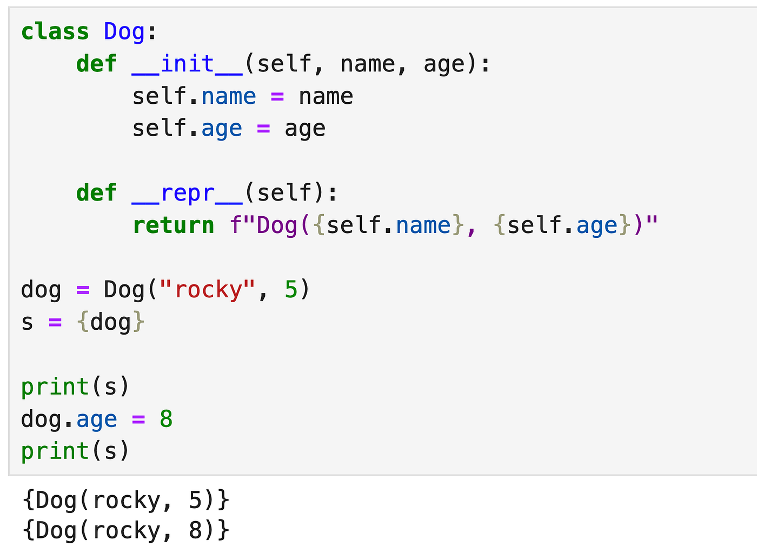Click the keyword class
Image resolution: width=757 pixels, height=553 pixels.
click(x=55, y=32)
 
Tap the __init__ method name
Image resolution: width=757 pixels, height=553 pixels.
click(x=187, y=64)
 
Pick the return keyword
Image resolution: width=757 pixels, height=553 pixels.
click(x=174, y=225)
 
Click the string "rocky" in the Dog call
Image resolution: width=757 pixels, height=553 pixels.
click(x=207, y=290)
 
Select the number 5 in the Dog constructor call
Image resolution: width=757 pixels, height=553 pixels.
click(x=291, y=290)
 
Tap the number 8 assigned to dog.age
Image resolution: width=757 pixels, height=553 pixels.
click(x=166, y=419)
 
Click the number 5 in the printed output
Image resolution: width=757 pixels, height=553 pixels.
click(x=195, y=501)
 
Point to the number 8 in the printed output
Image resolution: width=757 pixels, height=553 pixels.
click(x=195, y=530)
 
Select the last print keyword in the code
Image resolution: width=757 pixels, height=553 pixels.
click(x=55, y=452)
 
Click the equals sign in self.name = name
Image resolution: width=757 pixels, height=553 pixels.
click(x=277, y=97)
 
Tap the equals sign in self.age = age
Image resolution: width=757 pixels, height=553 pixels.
click(x=263, y=129)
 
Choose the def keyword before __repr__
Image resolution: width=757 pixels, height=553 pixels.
click(x=97, y=192)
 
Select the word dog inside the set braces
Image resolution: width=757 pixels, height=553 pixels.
click(x=110, y=323)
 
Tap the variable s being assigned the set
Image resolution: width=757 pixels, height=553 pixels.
click(x=27, y=323)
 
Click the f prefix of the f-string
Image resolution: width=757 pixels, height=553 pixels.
click(x=235, y=225)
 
